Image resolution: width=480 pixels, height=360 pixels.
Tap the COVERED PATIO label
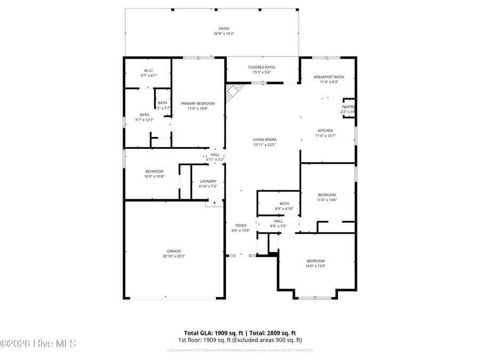(261, 67)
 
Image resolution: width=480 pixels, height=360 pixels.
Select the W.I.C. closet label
(149, 71)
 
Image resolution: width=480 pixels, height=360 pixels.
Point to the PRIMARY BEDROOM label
(197, 103)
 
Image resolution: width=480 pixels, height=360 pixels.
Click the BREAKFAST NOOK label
(329, 77)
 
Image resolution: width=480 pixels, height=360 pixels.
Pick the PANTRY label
(348, 107)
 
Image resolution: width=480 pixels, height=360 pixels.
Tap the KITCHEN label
(325, 131)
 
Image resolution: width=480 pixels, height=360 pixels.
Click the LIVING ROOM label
(264, 140)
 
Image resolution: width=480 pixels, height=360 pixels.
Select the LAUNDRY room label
(207, 181)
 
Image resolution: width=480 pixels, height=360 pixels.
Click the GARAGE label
(174, 251)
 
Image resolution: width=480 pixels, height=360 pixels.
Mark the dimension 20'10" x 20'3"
(174, 256)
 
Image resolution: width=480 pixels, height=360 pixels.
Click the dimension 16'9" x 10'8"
(154, 176)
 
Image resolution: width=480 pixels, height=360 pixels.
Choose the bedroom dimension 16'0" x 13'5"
(315, 266)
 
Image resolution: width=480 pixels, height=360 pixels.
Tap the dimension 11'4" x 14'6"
(327, 200)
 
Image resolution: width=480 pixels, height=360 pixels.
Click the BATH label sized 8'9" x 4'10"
(284, 203)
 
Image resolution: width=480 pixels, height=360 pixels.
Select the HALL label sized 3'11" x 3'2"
(215, 155)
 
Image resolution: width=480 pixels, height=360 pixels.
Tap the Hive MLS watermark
(38, 343)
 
